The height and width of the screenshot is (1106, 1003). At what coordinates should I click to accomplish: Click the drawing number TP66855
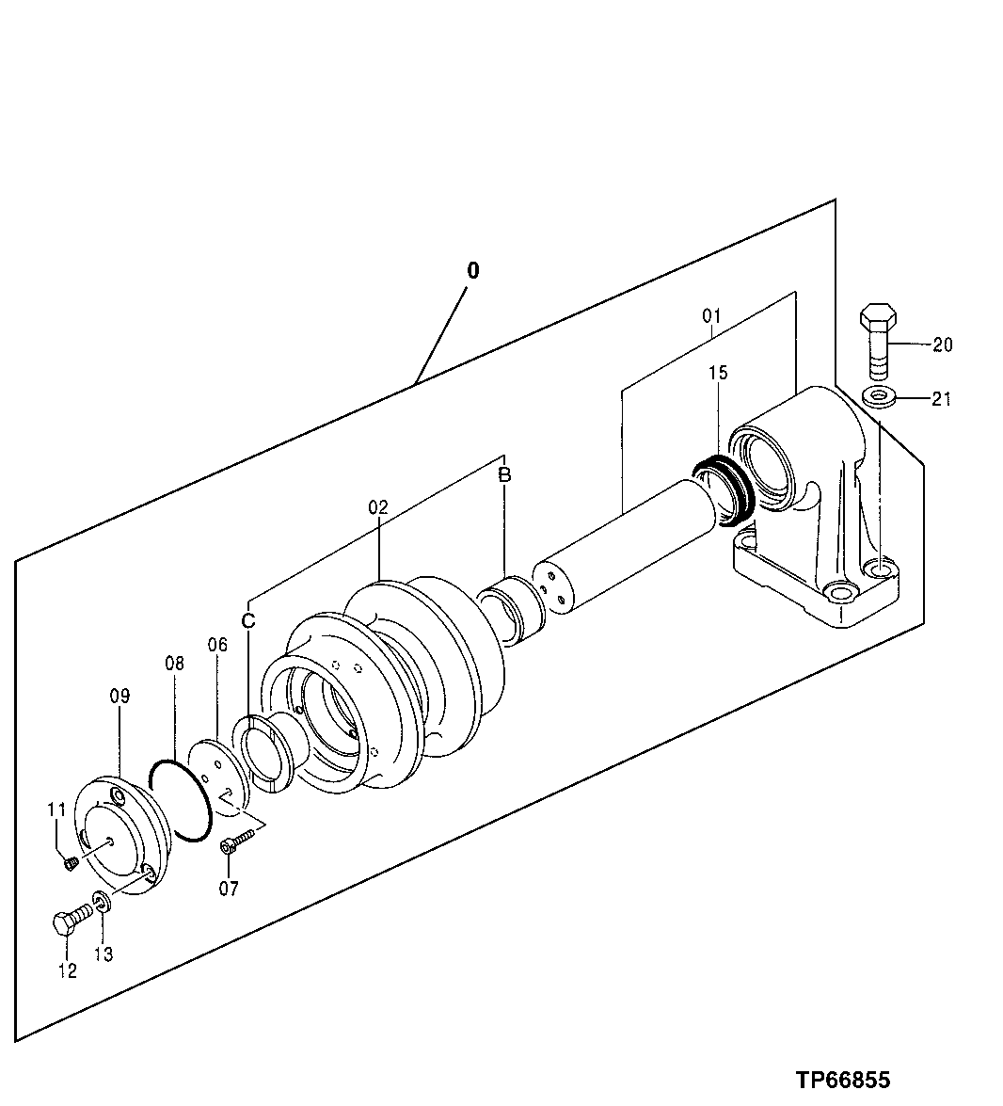coord(843,1079)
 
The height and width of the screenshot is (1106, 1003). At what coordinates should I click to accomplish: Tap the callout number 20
coord(942,345)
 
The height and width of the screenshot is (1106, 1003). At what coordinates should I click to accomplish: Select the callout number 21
coord(941,399)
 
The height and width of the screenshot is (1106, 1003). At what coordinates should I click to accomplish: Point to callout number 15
coord(718,374)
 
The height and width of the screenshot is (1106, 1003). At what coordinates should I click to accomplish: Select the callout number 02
coord(377,506)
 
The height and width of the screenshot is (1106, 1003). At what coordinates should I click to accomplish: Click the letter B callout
coord(504,475)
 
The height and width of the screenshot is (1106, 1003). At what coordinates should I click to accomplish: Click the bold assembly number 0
coord(472,270)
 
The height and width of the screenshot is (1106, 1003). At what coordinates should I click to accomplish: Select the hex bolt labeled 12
coord(69,920)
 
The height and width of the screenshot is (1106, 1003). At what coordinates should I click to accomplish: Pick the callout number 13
coord(103,954)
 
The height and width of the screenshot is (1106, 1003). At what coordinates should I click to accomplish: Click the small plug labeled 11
coord(70,861)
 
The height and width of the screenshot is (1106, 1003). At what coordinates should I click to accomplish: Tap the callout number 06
coord(217,645)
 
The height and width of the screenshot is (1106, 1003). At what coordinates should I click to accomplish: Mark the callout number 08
coord(174,663)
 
